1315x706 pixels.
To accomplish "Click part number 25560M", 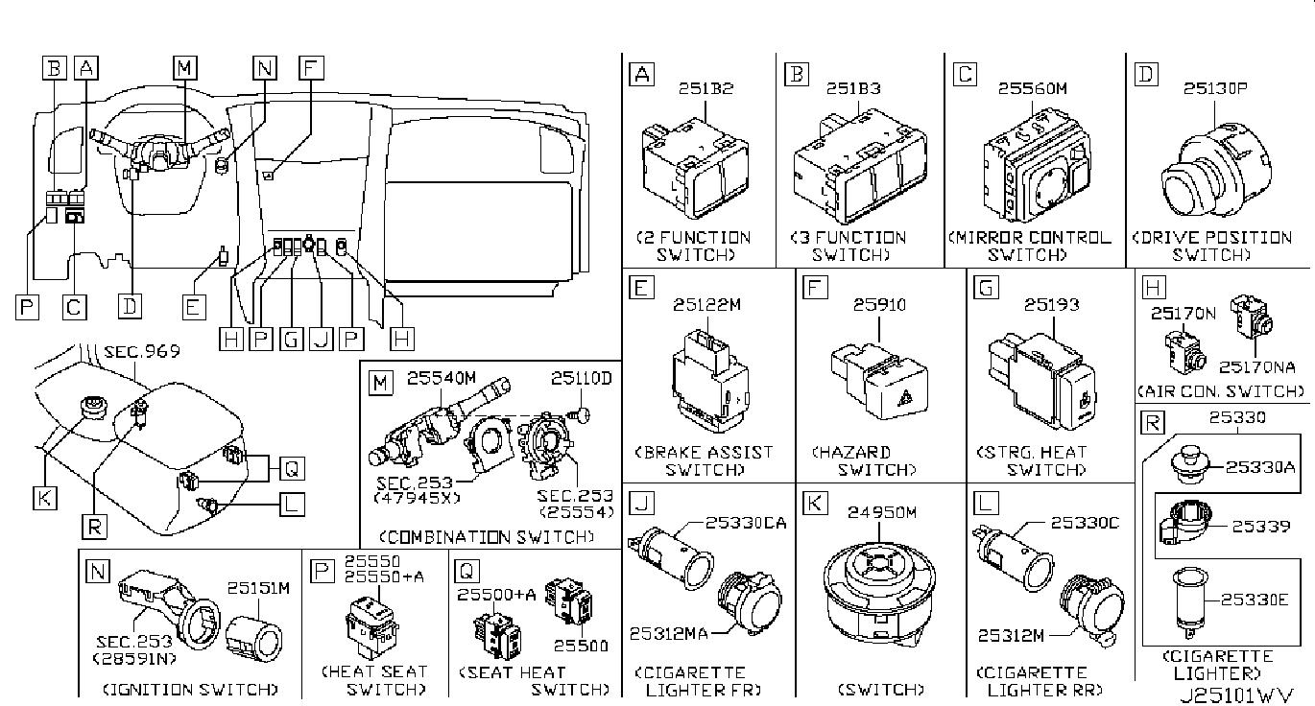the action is coord(1033,88).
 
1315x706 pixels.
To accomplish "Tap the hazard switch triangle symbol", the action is coord(904,398).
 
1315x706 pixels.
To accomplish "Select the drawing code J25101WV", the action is coord(1236,695).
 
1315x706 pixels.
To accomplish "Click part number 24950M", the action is coord(882,513).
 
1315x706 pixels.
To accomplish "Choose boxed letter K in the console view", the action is coord(44,499).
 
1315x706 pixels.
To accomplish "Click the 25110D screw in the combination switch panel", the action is coord(580,415).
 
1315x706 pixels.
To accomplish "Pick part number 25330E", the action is coord(1255,600).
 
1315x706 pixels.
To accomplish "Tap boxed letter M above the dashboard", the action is coord(185,67).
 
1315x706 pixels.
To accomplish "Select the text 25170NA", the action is coord(1256,367).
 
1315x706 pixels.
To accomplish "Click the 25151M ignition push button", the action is coord(253,641).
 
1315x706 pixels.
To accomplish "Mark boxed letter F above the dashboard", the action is coord(311,67).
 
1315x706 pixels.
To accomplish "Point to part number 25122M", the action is coord(706,305).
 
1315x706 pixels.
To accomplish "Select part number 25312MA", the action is coord(668,634).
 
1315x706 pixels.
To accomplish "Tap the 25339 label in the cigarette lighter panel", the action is coord(1260,527).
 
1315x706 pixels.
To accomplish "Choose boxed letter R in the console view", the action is coord(94,527).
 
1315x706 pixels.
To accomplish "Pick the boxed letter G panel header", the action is coord(986,288).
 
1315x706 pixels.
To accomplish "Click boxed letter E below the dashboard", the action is coord(194,308).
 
